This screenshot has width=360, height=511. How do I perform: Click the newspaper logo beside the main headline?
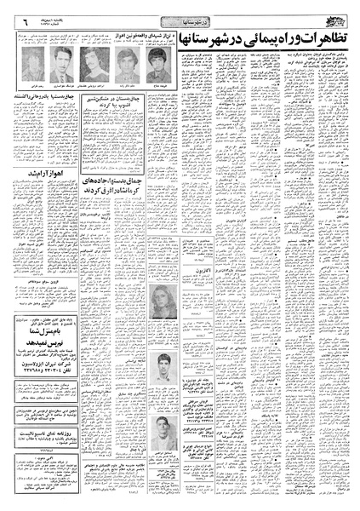[343, 16]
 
